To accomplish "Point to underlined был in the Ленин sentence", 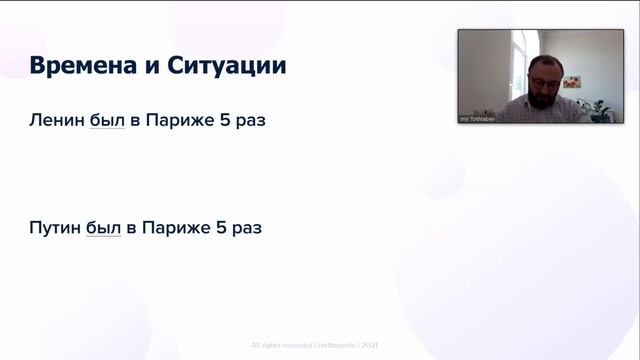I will [x=106, y=119].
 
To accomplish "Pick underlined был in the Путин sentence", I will [x=103, y=227].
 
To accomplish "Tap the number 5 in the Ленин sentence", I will [x=222, y=119].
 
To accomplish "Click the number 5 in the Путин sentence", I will [x=219, y=227].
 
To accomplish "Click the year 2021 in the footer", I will [x=370, y=345].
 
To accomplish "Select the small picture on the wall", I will [x=571, y=82].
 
